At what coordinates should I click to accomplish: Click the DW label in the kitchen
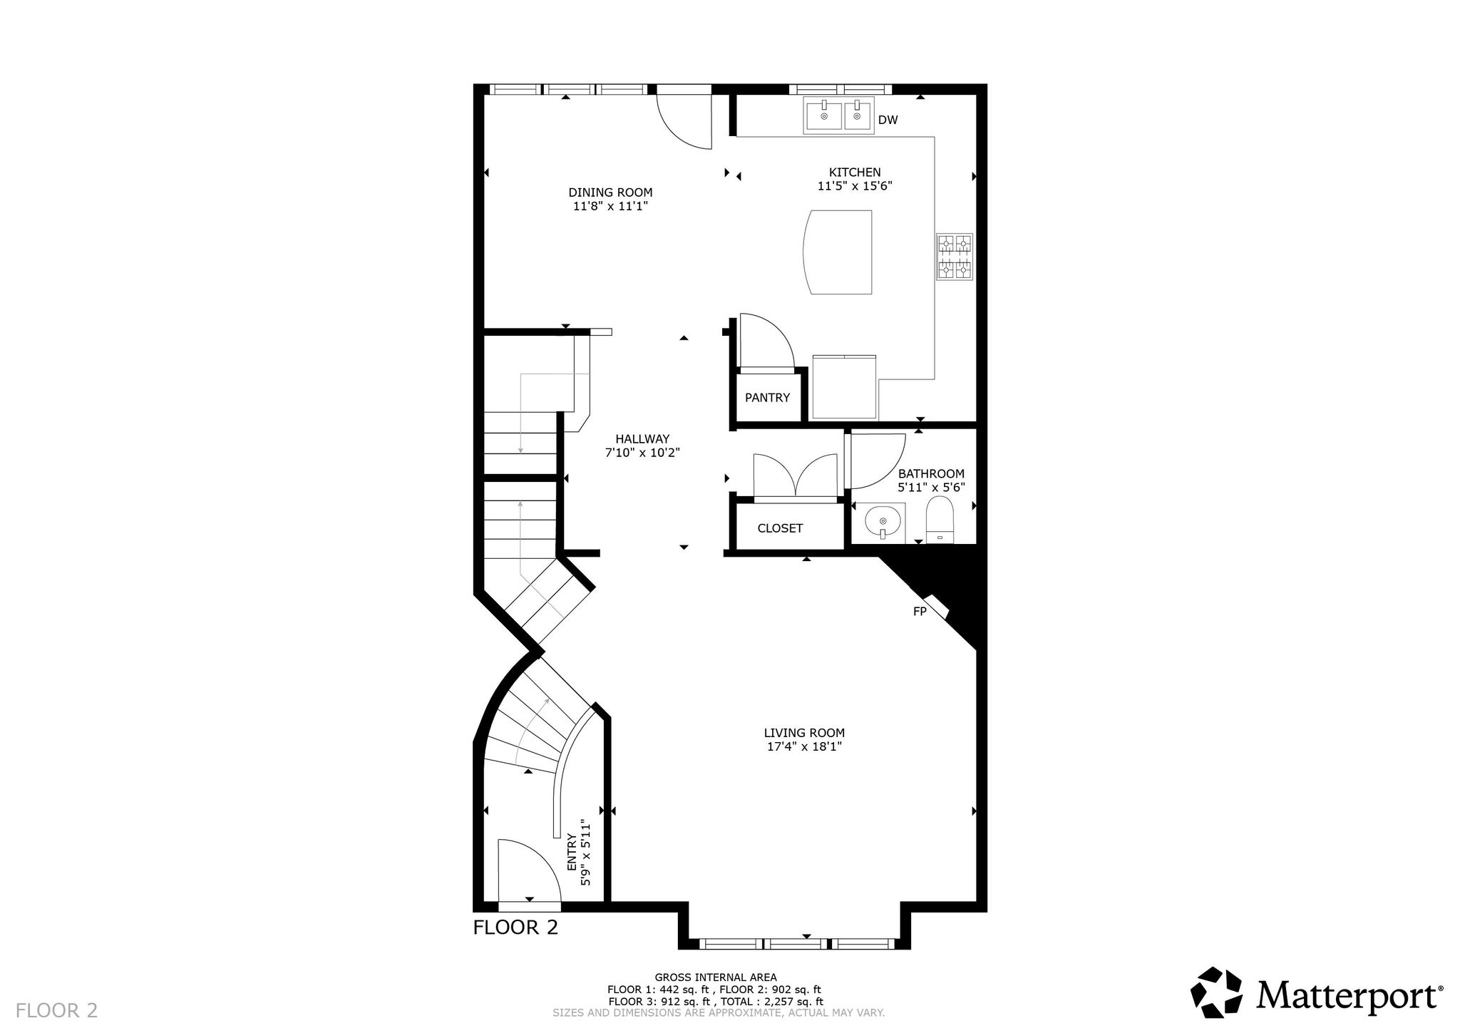click(888, 120)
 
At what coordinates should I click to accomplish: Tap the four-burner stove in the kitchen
click(955, 257)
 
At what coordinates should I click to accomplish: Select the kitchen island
click(838, 252)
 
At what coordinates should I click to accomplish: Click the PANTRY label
click(767, 398)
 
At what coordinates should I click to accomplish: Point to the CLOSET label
click(780, 528)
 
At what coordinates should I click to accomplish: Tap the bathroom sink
click(883, 523)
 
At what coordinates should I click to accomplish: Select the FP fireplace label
click(920, 611)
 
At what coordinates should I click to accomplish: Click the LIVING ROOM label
click(804, 733)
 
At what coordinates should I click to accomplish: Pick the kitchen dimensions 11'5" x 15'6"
click(855, 186)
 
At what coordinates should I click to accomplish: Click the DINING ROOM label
click(610, 192)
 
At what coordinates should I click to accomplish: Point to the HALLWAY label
click(642, 439)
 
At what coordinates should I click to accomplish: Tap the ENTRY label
click(572, 853)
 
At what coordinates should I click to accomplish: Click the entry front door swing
click(528, 871)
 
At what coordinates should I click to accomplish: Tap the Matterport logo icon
click(1217, 992)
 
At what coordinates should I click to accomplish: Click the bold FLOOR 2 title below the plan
click(516, 927)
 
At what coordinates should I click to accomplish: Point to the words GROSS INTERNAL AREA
click(716, 977)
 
